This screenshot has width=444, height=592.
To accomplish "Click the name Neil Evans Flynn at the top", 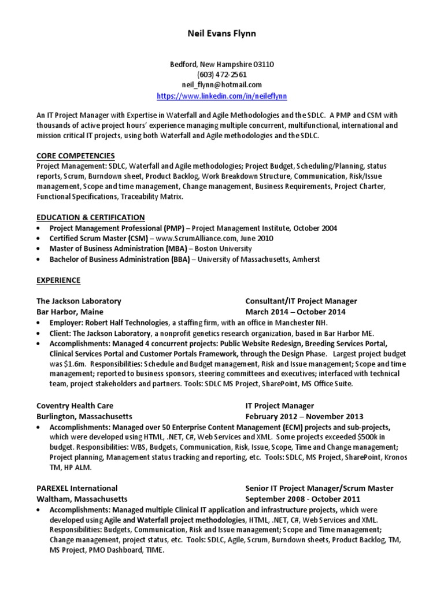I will [x=221, y=34].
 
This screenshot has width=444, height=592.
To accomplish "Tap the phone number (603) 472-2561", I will [x=222, y=75].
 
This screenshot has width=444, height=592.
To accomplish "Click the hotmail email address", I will [x=222, y=84].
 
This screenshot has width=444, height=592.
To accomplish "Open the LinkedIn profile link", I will [x=222, y=95].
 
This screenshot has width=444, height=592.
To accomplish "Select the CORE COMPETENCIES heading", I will [x=76, y=156].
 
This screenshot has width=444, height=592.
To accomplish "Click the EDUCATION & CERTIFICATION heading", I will [x=91, y=217].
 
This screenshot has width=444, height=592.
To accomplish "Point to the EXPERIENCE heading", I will [x=58, y=280].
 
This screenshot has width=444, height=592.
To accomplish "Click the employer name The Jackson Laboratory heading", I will [x=79, y=301].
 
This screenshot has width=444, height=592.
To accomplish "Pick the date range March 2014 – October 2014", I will [x=295, y=312].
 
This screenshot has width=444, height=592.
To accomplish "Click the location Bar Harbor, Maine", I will [x=66, y=312].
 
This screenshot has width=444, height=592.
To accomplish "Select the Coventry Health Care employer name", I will [x=75, y=406].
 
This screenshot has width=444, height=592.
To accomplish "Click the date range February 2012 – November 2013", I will [x=304, y=416].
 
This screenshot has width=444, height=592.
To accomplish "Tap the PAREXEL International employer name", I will [x=77, y=489].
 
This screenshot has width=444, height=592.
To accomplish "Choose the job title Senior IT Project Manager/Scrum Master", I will [x=319, y=489].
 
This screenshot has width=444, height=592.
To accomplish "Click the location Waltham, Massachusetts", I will [x=82, y=499].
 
